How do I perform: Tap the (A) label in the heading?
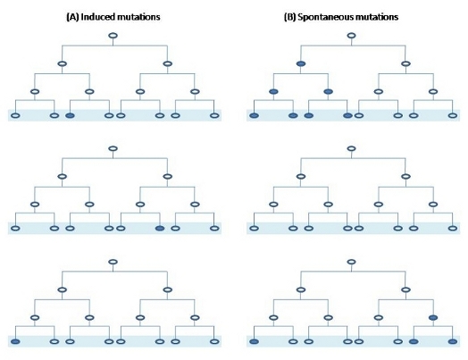click(x=72, y=17)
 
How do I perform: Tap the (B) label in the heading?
click(x=289, y=17)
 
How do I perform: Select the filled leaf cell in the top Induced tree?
click(x=70, y=115)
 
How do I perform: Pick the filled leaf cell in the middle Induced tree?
click(x=160, y=229)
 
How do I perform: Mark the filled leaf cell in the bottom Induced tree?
click(x=15, y=341)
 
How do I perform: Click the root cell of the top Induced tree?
click(x=113, y=36)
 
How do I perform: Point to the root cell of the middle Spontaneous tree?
click(x=352, y=148)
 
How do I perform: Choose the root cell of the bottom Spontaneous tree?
click(x=352, y=262)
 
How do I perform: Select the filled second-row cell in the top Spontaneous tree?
click(x=301, y=63)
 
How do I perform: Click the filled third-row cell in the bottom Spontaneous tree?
click(x=433, y=318)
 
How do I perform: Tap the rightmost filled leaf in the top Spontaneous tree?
click(x=348, y=115)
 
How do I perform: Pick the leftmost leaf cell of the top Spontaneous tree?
click(x=254, y=115)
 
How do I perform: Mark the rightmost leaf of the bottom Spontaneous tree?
click(x=453, y=341)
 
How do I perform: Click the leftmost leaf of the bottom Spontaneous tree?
click(x=254, y=341)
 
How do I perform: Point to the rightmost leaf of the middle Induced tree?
click(x=214, y=229)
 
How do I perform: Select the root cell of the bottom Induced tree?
click(x=113, y=262)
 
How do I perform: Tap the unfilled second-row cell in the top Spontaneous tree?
click(x=405, y=63)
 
